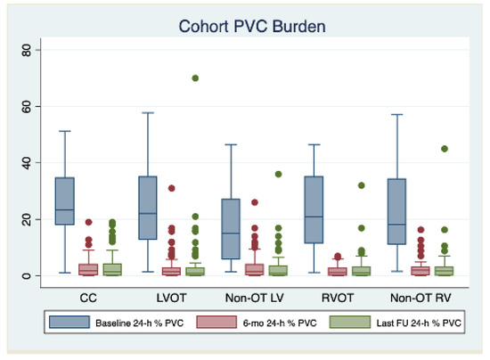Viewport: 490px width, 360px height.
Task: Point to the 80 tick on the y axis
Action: (x=28, y=51)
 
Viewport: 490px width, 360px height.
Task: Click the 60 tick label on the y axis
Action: (x=28, y=107)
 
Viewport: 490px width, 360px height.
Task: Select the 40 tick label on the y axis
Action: (x=28, y=163)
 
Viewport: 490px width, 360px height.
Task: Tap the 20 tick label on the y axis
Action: (x=28, y=219)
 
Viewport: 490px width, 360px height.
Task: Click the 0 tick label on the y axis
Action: (x=28, y=275)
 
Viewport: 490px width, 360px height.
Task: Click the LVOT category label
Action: (x=169, y=292)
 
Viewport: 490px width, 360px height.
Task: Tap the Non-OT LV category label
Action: (x=252, y=292)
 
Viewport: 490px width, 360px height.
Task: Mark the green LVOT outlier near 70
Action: (x=195, y=78)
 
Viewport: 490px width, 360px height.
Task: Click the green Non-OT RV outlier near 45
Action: (x=444, y=149)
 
